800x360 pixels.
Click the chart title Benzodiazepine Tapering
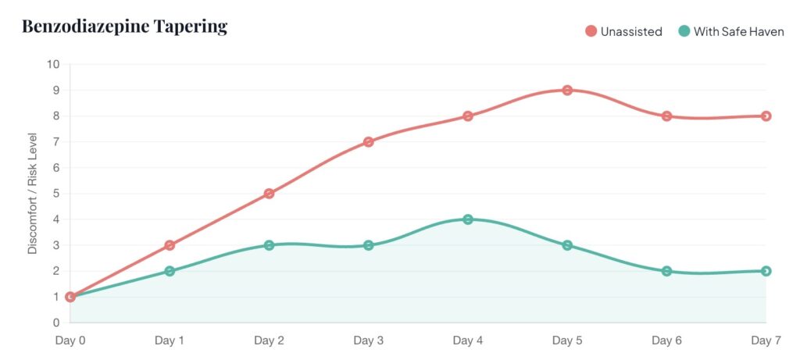124,27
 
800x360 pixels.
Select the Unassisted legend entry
624,31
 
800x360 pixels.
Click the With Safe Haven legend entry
731,31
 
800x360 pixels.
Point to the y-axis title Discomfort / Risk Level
33,193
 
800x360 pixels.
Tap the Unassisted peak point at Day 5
567,90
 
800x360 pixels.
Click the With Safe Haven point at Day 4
468,219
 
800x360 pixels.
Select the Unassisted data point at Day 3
369,142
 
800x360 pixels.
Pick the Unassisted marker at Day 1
170,245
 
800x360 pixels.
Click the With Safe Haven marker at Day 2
269,245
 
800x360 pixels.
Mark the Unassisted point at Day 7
766,116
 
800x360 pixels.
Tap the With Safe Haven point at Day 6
666,271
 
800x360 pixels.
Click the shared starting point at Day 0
70,297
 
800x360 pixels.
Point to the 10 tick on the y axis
53,64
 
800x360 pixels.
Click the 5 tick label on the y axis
55,194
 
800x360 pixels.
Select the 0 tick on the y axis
55,323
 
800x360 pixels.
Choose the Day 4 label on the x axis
468,340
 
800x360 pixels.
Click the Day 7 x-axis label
765,340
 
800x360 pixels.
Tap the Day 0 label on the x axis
70,340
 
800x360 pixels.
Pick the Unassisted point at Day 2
269,194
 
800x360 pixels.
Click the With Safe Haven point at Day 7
766,271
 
